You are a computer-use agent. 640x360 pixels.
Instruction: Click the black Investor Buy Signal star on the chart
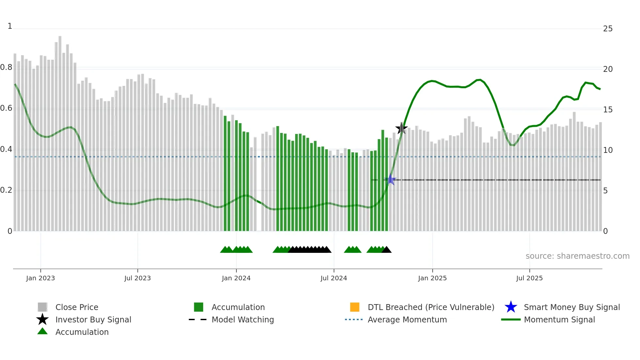401,128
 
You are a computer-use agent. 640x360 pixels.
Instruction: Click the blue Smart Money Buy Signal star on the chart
390,179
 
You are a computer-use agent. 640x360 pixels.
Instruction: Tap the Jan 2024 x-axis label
236,278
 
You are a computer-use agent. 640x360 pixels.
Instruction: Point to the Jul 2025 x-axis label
529,278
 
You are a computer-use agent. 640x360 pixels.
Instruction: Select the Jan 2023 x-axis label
40,278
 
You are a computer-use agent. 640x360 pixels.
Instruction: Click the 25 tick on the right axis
608,29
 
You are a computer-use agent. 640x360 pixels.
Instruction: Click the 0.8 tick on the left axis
6,68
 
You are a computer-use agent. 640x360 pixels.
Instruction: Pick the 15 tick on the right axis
608,110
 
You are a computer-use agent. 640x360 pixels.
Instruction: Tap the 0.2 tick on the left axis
6,190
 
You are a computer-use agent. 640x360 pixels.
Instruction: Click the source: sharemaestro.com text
577,256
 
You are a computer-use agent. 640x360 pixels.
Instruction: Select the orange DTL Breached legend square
355,307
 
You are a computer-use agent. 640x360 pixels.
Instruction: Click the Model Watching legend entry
242,319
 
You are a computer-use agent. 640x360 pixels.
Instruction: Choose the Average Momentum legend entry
407,319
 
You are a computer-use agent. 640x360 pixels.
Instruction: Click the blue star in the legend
511,307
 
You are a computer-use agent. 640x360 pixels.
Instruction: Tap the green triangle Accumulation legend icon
42,331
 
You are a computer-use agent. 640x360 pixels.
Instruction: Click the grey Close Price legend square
42,307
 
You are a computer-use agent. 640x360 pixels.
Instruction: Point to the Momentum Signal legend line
511,319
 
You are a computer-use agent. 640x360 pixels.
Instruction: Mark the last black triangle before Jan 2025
387,250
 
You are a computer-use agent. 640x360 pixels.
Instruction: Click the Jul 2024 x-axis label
334,278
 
